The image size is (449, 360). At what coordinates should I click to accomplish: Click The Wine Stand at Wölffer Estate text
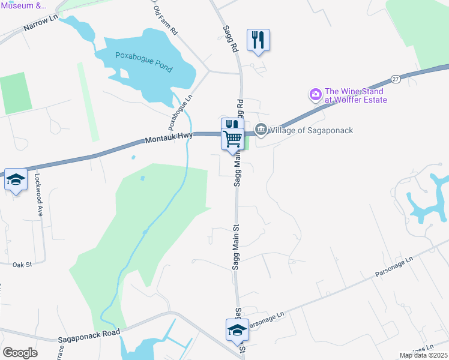(x=355, y=95)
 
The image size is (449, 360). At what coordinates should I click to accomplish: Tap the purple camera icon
(x=315, y=94)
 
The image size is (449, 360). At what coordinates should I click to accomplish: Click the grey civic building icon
(x=261, y=130)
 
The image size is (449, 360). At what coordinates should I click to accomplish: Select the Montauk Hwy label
(x=169, y=139)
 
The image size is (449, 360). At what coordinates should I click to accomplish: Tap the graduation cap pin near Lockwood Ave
(x=16, y=180)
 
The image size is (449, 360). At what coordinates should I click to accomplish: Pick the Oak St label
(x=22, y=263)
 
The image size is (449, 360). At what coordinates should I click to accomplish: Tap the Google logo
(x=20, y=353)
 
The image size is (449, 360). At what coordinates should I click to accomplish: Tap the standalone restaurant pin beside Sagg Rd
(x=259, y=41)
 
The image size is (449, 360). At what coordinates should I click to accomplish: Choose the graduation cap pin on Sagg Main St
(x=237, y=330)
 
